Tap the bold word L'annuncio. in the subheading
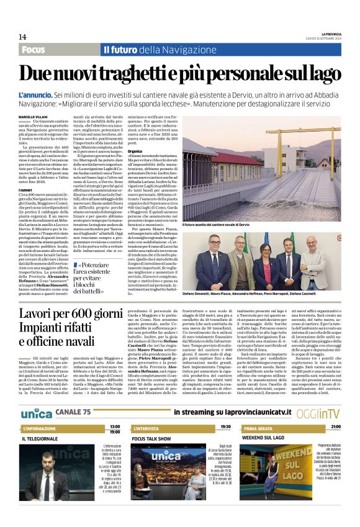click(35, 96)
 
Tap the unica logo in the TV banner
click(37, 412)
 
